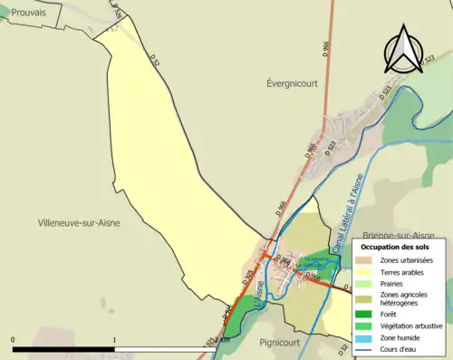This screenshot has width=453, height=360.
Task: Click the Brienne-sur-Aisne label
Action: coord(399,233)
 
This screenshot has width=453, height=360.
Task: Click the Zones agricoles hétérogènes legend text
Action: coord(404,298)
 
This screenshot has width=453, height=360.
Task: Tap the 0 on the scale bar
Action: coord(13,339)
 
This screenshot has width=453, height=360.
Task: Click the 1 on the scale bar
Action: coord(114,339)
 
